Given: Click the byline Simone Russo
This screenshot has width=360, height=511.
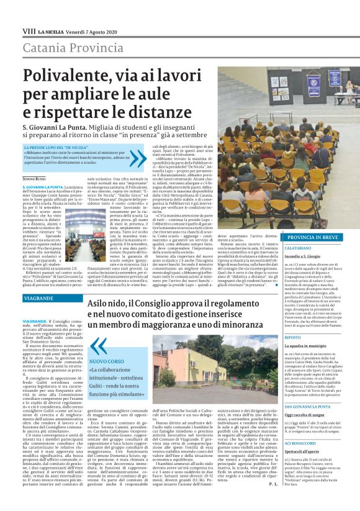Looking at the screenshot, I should point(34,179).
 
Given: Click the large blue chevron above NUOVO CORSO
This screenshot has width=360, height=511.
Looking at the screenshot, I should point(98,345).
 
